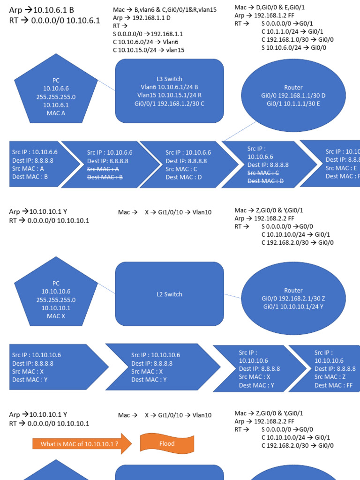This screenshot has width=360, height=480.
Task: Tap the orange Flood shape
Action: (166, 443)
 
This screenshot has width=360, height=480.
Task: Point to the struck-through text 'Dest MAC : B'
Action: (105, 177)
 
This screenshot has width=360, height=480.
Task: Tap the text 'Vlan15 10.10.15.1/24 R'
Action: (169, 96)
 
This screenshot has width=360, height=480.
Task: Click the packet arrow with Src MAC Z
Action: (328, 368)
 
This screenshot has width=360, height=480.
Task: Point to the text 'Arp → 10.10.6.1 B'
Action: (41, 10)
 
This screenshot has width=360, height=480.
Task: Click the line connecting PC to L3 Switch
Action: (106, 85)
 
